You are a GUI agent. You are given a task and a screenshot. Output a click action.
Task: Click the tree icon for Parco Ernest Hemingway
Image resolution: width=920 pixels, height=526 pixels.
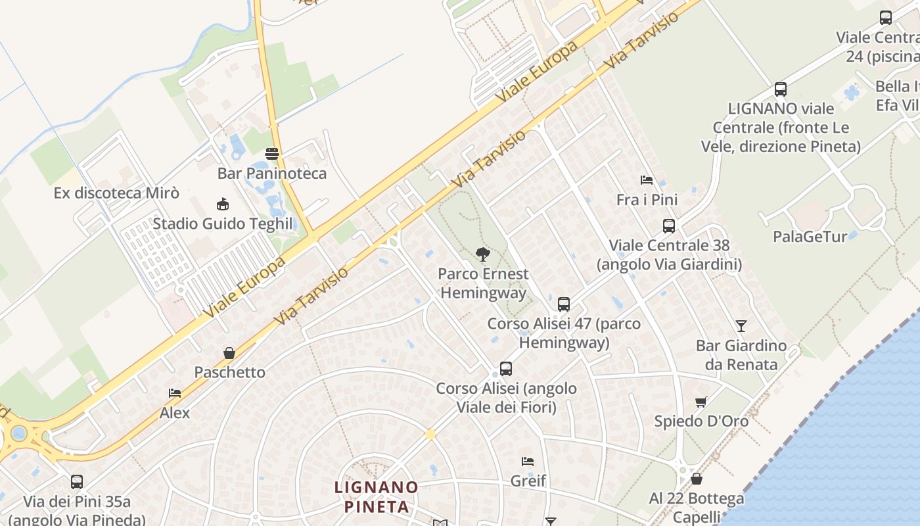(483, 254)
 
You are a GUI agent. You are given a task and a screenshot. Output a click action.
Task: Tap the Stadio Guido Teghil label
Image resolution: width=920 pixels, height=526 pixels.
(222, 224)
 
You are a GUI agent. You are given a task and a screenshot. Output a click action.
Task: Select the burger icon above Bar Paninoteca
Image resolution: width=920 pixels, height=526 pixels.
(272, 154)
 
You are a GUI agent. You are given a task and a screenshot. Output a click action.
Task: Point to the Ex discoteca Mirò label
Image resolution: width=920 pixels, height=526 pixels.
(116, 193)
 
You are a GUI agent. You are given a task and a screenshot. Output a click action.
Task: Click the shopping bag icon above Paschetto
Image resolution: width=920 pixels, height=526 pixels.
(229, 353)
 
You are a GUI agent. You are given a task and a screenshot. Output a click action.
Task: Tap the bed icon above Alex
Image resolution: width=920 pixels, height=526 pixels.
(175, 393)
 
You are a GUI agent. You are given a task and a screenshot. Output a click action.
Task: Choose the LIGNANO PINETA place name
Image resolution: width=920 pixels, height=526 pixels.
(376, 497)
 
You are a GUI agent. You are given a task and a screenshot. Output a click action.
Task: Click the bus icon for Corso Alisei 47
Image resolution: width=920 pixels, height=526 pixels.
(563, 304)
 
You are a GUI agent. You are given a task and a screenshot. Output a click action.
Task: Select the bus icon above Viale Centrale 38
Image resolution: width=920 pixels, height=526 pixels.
(669, 226)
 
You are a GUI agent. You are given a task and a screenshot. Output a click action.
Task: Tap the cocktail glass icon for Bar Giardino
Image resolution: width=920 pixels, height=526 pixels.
(741, 325)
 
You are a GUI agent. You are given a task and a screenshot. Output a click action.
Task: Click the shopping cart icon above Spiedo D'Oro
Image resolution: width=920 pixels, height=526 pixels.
(701, 402)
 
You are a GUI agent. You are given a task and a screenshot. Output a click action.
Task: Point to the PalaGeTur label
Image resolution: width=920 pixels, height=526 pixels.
(810, 237)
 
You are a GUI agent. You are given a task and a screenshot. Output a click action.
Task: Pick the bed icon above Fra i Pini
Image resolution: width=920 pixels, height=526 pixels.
(647, 179)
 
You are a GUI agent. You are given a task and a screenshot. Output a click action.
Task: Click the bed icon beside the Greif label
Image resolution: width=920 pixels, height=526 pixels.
(527, 462)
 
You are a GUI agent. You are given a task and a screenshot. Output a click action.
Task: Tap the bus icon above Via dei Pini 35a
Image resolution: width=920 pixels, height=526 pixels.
(77, 482)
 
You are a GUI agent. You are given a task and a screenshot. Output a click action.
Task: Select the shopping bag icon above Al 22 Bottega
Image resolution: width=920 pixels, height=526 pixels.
(697, 479)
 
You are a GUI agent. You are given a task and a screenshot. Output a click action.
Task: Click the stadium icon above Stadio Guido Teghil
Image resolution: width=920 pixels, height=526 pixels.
(222, 204)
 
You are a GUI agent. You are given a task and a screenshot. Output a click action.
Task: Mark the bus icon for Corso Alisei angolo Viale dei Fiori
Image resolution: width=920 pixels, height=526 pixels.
(505, 369)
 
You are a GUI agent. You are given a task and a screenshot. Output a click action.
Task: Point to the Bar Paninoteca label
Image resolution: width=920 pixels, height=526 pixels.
(272, 174)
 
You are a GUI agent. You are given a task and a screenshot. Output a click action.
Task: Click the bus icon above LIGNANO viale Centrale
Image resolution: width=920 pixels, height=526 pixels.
(781, 89)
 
